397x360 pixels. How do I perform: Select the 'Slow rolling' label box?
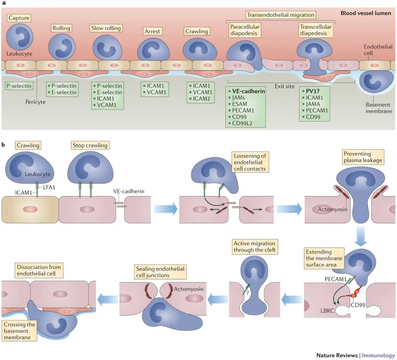tap(103, 28)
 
